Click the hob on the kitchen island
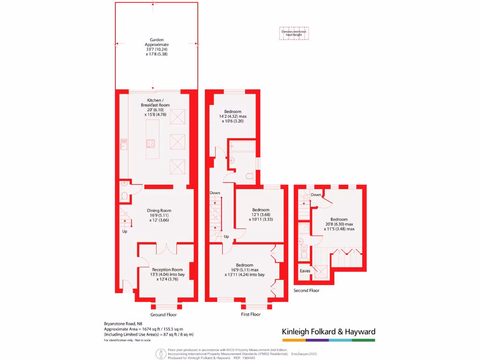[x=152, y=143]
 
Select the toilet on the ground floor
[x=124, y=195]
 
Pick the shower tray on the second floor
[x=304, y=228]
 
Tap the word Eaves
[x=305, y=271]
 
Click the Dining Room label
[x=159, y=210]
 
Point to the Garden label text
[x=157, y=40]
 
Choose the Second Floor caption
[x=307, y=291]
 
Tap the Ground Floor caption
[x=164, y=315]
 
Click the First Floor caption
[x=250, y=315]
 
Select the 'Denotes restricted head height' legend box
[x=294, y=33]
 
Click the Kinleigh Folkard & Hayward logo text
[x=328, y=332]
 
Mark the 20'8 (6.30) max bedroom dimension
[x=338, y=224]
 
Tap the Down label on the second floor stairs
[x=316, y=195]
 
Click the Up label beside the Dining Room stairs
[x=125, y=232]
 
